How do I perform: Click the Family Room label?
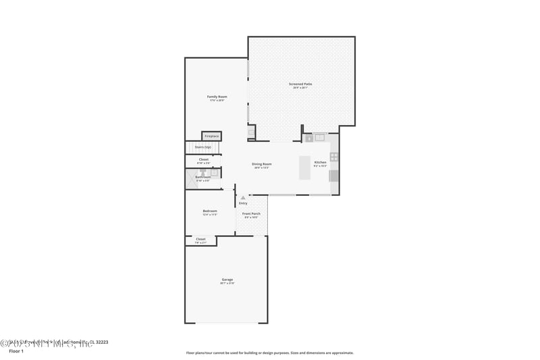coord(217,97)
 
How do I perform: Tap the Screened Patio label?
coord(300,84)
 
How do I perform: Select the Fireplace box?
coord(211,136)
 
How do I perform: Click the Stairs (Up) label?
coord(203,147)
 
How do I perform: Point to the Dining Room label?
coord(261,164)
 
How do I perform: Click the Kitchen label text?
coord(320,163)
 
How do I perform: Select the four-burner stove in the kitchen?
coord(333,157)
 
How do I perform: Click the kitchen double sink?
coord(319,137)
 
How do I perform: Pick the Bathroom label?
coord(203,177)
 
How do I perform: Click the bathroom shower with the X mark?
coord(191,179)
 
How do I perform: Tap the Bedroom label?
coord(210,211)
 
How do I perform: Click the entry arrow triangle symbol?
coord(243,198)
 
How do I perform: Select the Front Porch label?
coord(251,214)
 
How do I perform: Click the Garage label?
coord(227,280)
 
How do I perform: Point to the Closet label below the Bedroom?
coord(200,239)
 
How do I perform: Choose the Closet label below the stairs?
coord(203,159)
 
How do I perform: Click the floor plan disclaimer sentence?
coord(270,353)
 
